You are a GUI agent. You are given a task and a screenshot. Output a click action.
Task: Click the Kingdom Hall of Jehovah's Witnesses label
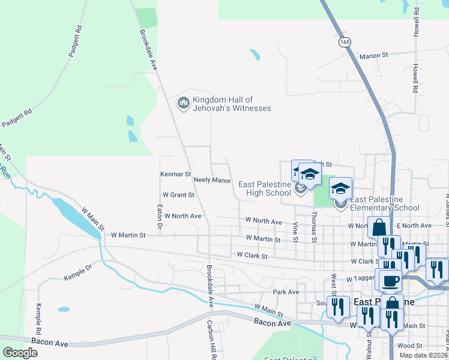click(231, 104)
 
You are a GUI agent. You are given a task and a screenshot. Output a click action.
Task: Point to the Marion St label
click(374, 56)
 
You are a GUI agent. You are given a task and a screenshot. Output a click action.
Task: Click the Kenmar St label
click(175, 173)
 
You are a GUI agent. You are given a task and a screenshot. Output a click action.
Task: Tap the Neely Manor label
click(212, 180)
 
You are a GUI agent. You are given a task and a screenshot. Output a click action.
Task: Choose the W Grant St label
click(178, 195)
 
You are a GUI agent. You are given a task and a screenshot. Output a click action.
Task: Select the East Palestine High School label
click(265, 188)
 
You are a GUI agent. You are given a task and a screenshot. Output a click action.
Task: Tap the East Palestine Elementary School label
click(384, 203)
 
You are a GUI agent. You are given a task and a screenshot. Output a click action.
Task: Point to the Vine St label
click(295, 231)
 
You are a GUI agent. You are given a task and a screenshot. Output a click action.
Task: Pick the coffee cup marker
click(390, 280)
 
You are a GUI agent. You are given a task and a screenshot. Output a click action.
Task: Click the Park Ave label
click(286, 292)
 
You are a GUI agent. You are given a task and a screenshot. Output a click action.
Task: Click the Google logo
click(20, 353)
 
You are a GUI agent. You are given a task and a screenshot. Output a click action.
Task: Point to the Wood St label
click(410, 346)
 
